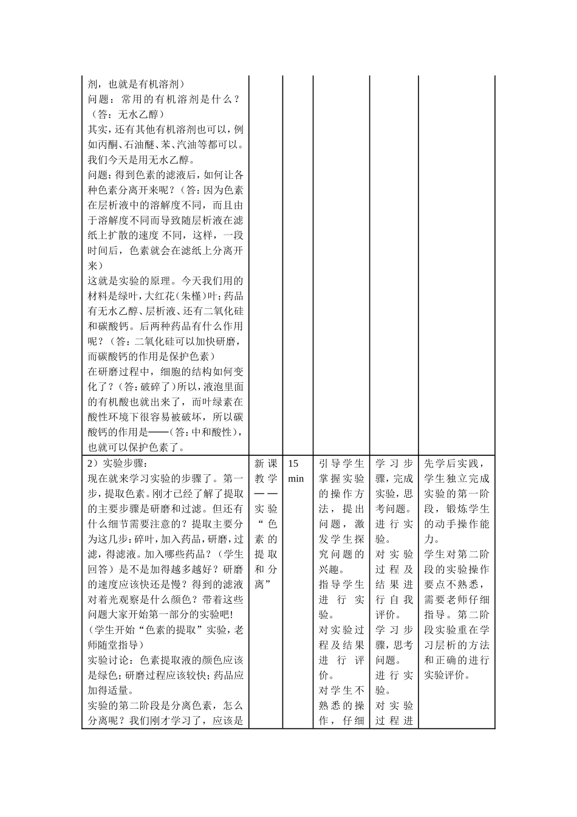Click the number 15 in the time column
[x=293, y=463]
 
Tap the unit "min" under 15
[x=296, y=478]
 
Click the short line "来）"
[x=95, y=266]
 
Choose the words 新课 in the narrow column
[x=265, y=463]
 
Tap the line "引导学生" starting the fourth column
[x=341, y=463]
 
